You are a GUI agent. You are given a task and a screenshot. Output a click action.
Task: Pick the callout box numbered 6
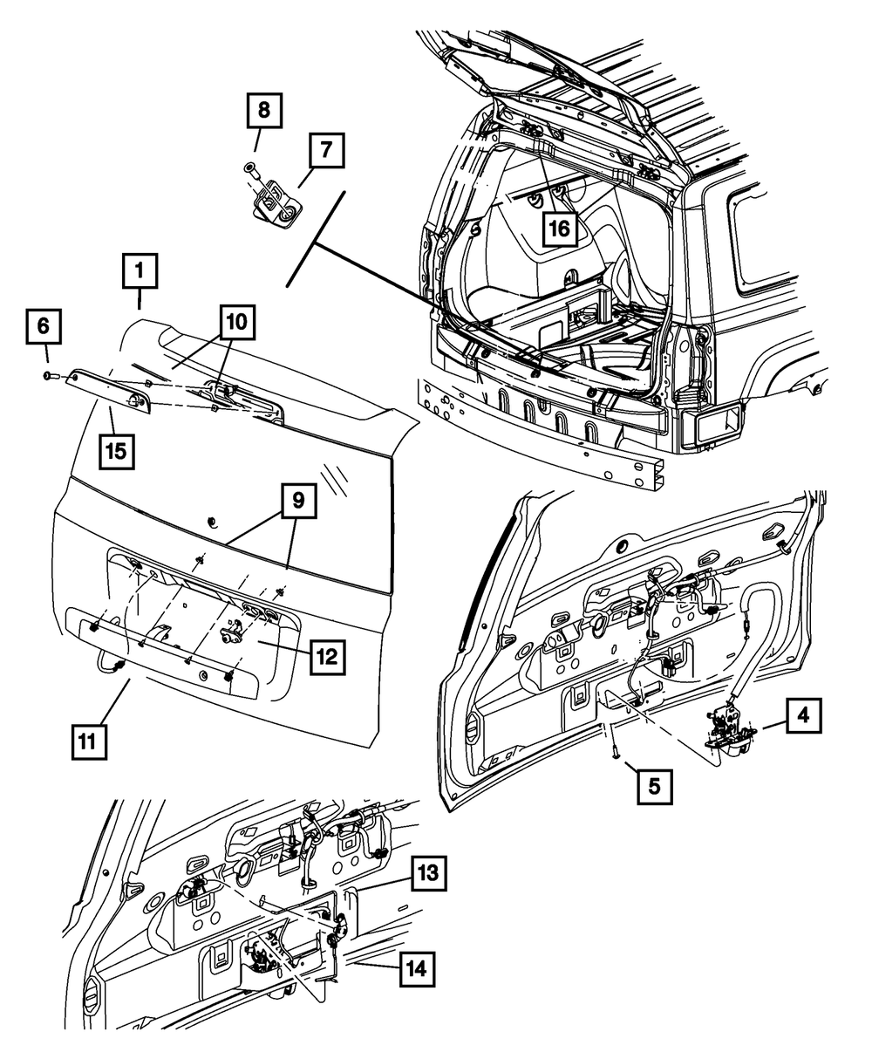point(43,328)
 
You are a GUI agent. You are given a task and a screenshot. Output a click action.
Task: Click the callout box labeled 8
point(263,112)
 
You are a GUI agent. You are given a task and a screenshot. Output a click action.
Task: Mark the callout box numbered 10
point(237,324)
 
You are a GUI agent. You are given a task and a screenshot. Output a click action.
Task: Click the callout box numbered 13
point(428,872)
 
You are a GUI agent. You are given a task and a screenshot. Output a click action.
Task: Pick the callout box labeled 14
point(419,967)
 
